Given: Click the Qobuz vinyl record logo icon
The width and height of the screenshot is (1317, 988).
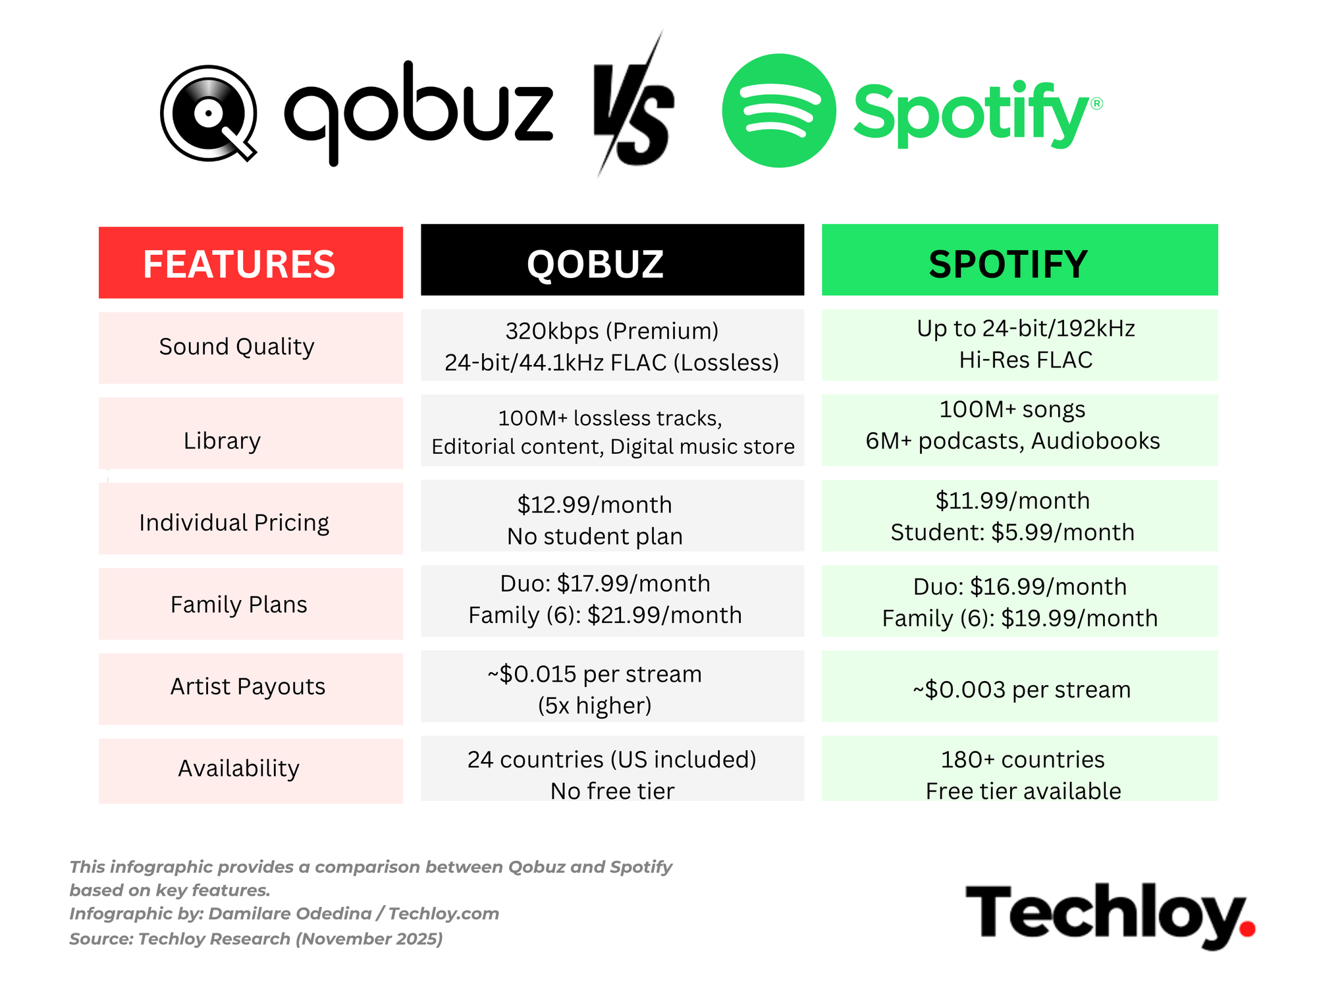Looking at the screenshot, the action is (x=209, y=113).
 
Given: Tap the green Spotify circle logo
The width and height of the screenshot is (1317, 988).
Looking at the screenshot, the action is (x=779, y=111).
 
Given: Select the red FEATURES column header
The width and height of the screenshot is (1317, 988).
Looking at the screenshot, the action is (x=251, y=263).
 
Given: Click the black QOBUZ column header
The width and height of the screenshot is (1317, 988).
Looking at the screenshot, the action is (x=612, y=260).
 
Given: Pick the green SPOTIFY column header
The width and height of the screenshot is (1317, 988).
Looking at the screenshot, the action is (x=1020, y=260).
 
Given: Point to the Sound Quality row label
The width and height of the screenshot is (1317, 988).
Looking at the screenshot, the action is (x=237, y=346).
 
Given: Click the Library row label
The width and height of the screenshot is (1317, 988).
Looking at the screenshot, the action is (x=222, y=441).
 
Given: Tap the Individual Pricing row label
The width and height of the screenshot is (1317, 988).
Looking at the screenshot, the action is (x=234, y=523).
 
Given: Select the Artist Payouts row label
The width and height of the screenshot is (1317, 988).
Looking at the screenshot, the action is (x=248, y=686).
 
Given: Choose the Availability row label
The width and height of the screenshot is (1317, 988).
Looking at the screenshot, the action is (x=239, y=769).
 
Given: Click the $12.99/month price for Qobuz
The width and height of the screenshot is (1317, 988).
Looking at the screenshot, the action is (x=595, y=505).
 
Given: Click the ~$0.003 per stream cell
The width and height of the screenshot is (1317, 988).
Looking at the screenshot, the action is (x=1021, y=690).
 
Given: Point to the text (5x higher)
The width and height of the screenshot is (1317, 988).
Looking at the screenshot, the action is (x=595, y=705).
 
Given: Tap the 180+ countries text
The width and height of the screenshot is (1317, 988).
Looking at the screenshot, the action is (x=1023, y=759).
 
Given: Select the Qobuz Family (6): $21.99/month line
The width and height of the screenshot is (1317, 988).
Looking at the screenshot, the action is (x=605, y=615).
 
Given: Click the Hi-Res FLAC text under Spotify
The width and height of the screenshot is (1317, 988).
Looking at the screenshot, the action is (x=1026, y=360).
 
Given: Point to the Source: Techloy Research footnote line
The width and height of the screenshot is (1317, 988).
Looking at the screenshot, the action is (x=256, y=939).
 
